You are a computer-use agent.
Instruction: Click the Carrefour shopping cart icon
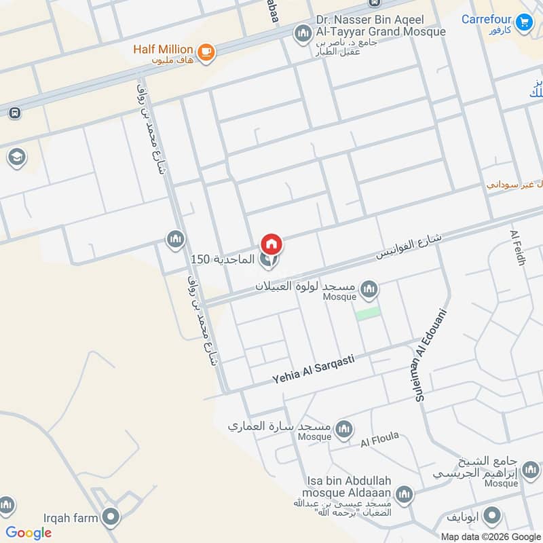tap(523, 22)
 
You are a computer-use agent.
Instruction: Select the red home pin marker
tap(271, 244)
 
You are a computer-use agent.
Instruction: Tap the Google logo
tap(29, 533)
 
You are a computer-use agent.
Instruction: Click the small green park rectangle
tap(367, 314)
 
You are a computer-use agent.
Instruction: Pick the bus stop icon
tap(14, 113)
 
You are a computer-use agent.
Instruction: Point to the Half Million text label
tap(164, 50)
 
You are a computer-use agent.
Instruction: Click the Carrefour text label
tap(487, 19)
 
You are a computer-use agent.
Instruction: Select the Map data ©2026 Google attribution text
tap(483, 536)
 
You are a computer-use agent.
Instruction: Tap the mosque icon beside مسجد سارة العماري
tap(344, 428)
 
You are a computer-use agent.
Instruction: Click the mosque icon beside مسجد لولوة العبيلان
tap(369, 289)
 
